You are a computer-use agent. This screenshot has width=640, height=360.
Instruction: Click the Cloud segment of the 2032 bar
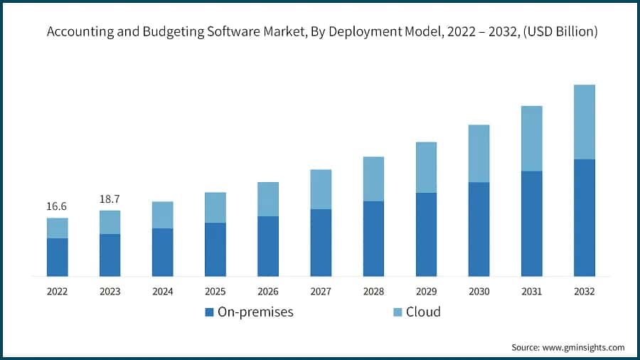[584, 122]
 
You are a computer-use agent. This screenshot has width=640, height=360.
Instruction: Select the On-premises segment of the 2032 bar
[584, 217]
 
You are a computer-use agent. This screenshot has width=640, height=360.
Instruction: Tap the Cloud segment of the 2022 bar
[58, 228]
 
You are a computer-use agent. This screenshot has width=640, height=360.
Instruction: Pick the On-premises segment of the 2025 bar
[215, 249]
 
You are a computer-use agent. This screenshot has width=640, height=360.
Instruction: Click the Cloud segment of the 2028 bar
[373, 179]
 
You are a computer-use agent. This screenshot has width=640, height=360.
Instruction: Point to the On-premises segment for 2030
[479, 228]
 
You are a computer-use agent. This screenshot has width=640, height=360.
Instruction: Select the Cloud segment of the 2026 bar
[268, 199]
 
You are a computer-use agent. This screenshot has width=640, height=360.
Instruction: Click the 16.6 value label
[57, 206]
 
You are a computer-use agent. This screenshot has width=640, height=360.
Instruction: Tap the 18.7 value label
[110, 199]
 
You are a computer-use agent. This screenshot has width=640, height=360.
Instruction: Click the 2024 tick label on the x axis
[162, 292]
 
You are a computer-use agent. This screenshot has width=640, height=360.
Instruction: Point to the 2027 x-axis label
[321, 292]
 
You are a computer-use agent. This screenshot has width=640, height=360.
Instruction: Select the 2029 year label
[426, 292]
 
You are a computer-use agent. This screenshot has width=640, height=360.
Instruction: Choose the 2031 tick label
[531, 292]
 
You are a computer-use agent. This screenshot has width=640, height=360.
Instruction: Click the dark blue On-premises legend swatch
[209, 312]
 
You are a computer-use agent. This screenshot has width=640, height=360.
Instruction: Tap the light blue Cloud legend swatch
[398, 312]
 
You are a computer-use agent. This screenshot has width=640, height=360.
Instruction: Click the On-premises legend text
[255, 312]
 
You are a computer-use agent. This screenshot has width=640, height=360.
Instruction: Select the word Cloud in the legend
[423, 312]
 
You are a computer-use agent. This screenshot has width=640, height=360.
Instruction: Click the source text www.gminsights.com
[585, 347]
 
